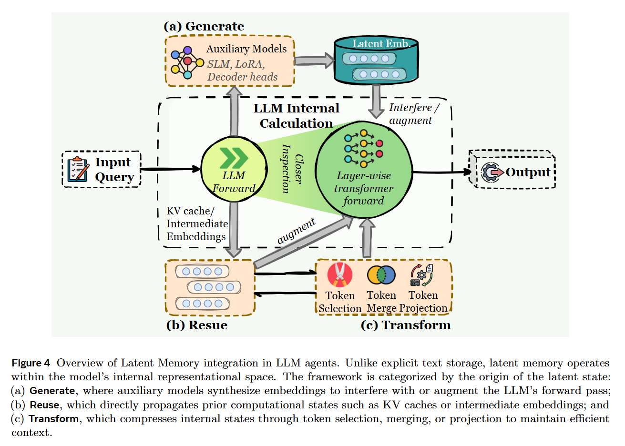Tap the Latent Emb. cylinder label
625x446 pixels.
pos(380,43)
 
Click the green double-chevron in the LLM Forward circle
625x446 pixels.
pos(234,158)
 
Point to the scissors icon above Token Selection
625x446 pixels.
pos(339,275)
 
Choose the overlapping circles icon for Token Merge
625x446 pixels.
pos(381,275)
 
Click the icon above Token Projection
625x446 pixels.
pos(422,275)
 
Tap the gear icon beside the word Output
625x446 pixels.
pos(491,172)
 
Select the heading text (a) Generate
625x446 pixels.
pos(204,26)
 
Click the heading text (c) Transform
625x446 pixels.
pos(406,325)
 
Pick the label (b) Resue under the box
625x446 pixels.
pos(196,325)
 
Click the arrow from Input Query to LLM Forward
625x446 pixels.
pos(170,169)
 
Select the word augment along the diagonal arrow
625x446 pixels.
pos(296,231)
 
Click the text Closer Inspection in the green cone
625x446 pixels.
pos(292,169)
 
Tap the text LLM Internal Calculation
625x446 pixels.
pos(296,116)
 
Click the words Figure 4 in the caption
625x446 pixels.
pos(31,363)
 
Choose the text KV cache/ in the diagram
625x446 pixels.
pos(190,211)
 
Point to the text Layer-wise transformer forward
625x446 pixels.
pos(364,188)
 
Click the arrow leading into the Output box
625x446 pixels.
pos(441,172)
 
